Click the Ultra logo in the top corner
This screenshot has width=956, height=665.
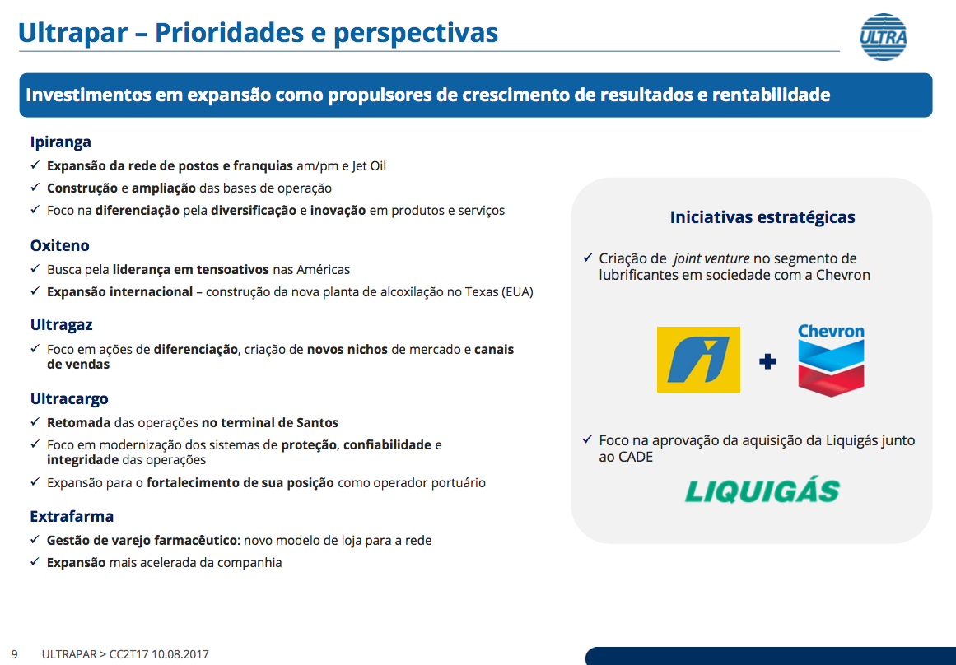883,36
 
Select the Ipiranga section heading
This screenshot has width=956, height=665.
60,142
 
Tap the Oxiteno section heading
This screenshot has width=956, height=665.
60,245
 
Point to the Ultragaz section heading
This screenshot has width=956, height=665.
62,325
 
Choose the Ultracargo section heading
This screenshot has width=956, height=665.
69,398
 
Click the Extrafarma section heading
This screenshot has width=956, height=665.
72,516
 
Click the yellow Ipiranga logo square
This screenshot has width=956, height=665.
698,360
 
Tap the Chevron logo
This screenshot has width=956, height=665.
831,359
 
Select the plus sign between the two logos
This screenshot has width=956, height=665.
767,361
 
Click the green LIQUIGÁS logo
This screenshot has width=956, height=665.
762,491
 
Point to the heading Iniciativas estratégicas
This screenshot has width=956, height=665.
762,217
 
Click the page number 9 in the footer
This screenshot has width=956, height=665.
15,654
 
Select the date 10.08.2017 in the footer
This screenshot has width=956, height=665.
180,654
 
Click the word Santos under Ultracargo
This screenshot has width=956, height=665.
317,422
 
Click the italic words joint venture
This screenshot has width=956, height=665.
711,258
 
